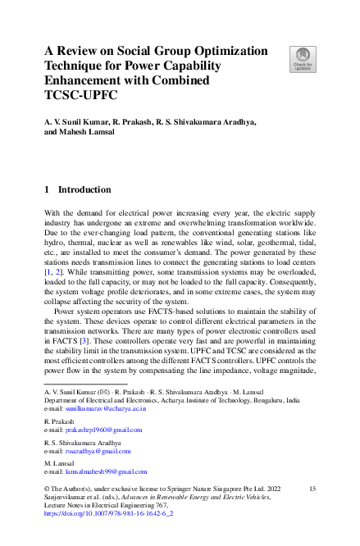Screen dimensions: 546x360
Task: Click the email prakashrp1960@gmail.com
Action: point(103,430)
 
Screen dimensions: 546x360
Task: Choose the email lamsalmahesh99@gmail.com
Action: point(106,472)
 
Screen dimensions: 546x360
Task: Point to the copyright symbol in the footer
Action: point(48,489)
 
